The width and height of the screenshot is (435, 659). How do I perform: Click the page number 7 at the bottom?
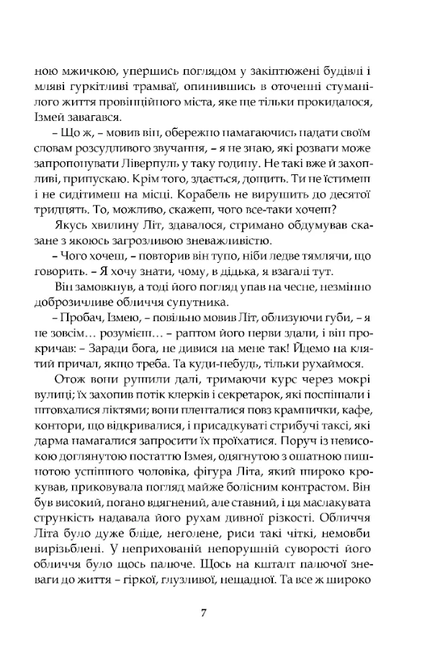[205, 614]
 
